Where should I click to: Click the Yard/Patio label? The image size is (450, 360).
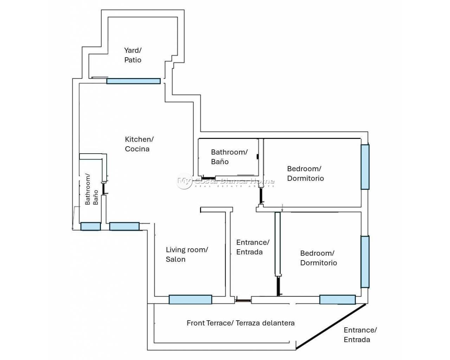[x=133, y=55]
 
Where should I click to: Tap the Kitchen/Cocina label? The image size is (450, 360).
[x=139, y=144]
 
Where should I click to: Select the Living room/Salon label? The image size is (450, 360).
[x=187, y=254]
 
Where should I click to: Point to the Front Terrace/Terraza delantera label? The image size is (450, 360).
[x=240, y=323]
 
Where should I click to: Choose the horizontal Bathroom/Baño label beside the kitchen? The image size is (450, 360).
[x=229, y=157]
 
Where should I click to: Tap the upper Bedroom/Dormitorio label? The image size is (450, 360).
[x=305, y=173]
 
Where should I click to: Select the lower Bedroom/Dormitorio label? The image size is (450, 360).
[x=318, y=258]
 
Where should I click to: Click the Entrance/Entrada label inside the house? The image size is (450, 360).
[x=252, y=247]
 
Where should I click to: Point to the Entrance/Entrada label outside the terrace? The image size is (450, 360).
[x=360, y=335]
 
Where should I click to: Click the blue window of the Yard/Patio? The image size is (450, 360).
[x=133, y=81]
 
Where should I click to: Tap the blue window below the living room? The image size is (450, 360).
[x=190, y=300]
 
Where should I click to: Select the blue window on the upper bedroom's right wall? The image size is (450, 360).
[x=365, y=167]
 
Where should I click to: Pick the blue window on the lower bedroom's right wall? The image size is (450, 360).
[x=365, y=262]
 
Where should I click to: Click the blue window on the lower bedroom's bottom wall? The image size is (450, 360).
[x=337, y=300]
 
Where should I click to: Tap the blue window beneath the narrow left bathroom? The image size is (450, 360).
[x=90, y=226]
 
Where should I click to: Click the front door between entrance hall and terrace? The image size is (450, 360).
[x=243, y=300]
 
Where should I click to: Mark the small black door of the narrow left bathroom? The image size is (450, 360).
[x=104, y=189]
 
